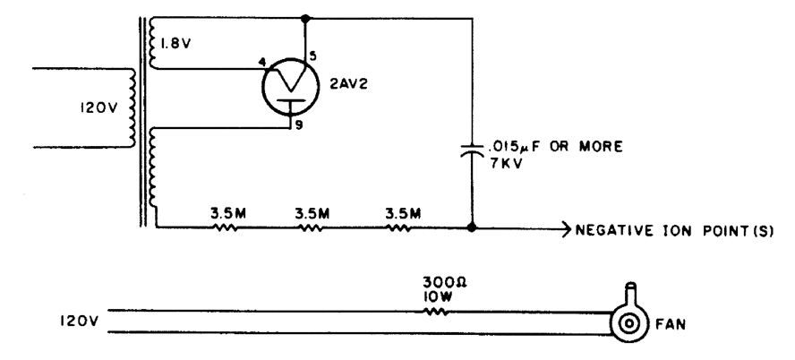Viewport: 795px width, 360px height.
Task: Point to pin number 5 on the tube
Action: click(x=312, y=56)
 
